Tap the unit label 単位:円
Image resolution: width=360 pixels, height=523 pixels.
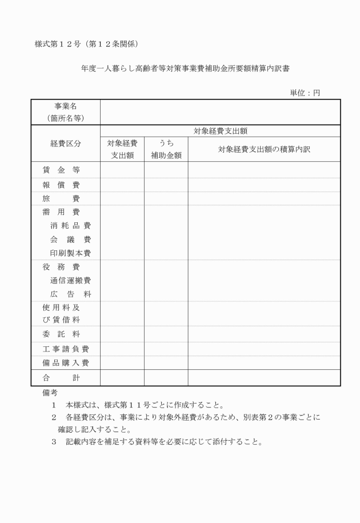306,93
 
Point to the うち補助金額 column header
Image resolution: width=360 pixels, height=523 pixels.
166,149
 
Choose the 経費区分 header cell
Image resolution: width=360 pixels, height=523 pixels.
66,144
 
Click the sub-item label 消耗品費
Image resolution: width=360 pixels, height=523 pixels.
70,226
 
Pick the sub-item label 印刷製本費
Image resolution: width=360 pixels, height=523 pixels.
70,253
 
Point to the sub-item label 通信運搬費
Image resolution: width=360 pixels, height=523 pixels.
70,280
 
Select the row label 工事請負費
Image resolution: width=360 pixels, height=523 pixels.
66,349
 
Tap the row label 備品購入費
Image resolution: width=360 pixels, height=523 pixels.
66,363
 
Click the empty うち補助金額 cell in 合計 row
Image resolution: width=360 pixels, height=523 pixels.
166,378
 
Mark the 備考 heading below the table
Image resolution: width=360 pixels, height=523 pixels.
50,393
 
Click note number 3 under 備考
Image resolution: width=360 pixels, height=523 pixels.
54,441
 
